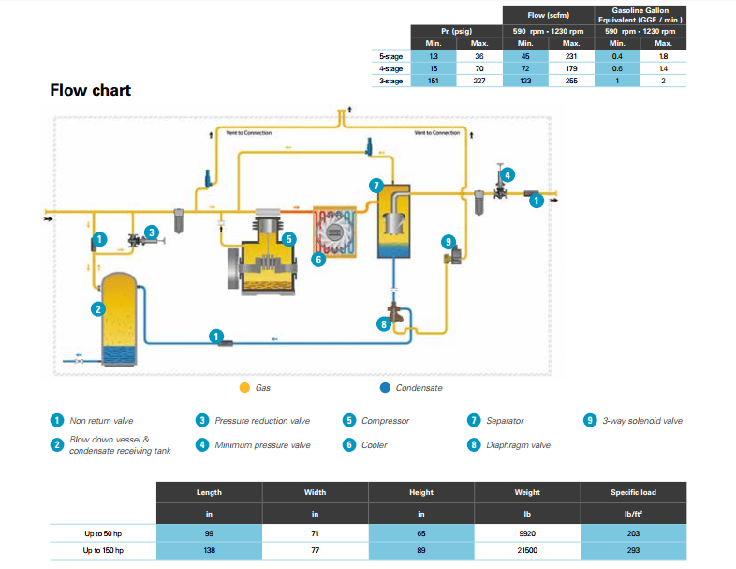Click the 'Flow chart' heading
90,91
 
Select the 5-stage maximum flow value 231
571,56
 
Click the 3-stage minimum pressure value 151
433,82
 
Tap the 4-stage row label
391,68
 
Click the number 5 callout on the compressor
290,238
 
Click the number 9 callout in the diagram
448,241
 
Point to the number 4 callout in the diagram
507,173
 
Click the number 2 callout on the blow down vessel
97,308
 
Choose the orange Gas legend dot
244,387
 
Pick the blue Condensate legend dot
384,387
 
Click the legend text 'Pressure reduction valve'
262,421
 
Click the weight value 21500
527,551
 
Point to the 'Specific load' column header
633,492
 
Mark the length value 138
209,551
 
